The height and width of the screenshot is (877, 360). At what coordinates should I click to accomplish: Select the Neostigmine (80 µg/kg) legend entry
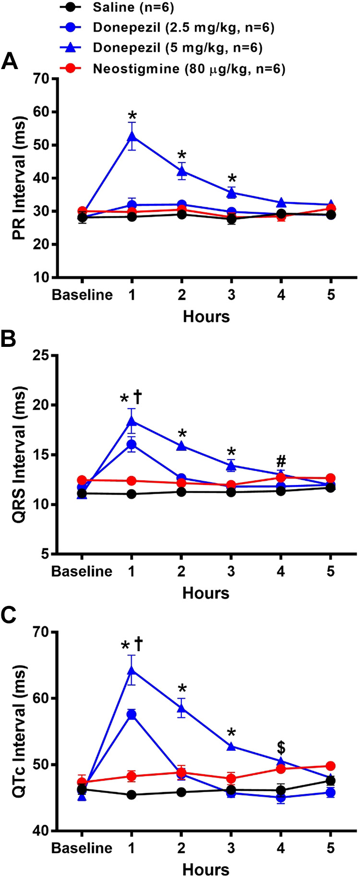(x=189, y=69)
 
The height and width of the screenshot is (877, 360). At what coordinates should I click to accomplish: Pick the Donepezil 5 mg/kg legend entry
(x=178, y=48)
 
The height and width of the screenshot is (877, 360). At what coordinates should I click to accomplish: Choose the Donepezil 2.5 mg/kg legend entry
(x=183, y=28)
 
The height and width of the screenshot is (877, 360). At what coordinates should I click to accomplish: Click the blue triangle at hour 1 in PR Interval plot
(x=132, y=137)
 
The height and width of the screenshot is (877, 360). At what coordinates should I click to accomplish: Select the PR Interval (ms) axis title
(x=19, y=178)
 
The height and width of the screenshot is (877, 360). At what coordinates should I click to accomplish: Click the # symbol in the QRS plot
(x=281, y=462)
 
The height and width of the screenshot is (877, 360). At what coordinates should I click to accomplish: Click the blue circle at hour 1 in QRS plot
(x=132, y=445)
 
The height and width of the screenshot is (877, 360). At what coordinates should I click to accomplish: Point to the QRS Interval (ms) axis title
(x=19, y=454)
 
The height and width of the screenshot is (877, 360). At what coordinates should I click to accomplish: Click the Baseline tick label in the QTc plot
(x=82, y=848)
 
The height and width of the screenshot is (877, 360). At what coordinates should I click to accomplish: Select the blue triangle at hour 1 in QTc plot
(x=132, y=670)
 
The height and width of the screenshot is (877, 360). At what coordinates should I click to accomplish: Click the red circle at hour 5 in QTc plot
(x=330, y=766)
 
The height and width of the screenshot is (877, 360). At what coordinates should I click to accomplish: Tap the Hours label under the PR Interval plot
(x=206, y=317)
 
